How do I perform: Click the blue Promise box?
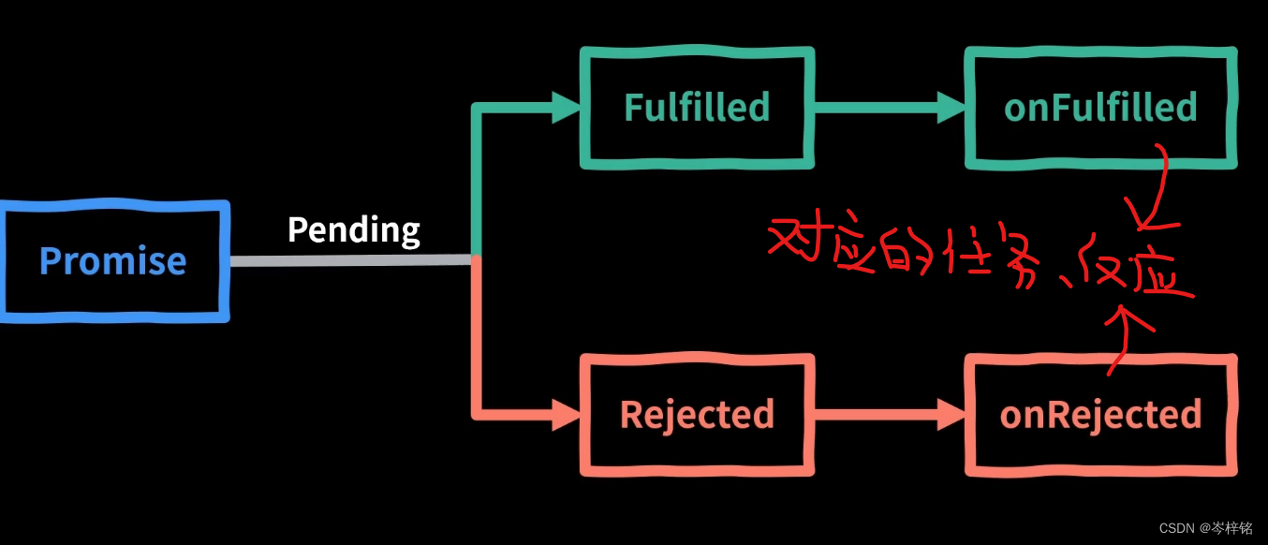113,260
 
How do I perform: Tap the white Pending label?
353,229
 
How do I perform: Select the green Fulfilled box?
697,108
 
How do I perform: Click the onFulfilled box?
1100,108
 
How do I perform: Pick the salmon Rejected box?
697,414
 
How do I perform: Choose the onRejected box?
1100,414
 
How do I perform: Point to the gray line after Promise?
351,260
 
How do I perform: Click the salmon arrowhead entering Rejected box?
566,413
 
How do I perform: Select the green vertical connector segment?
477,178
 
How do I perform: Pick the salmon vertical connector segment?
477,337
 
